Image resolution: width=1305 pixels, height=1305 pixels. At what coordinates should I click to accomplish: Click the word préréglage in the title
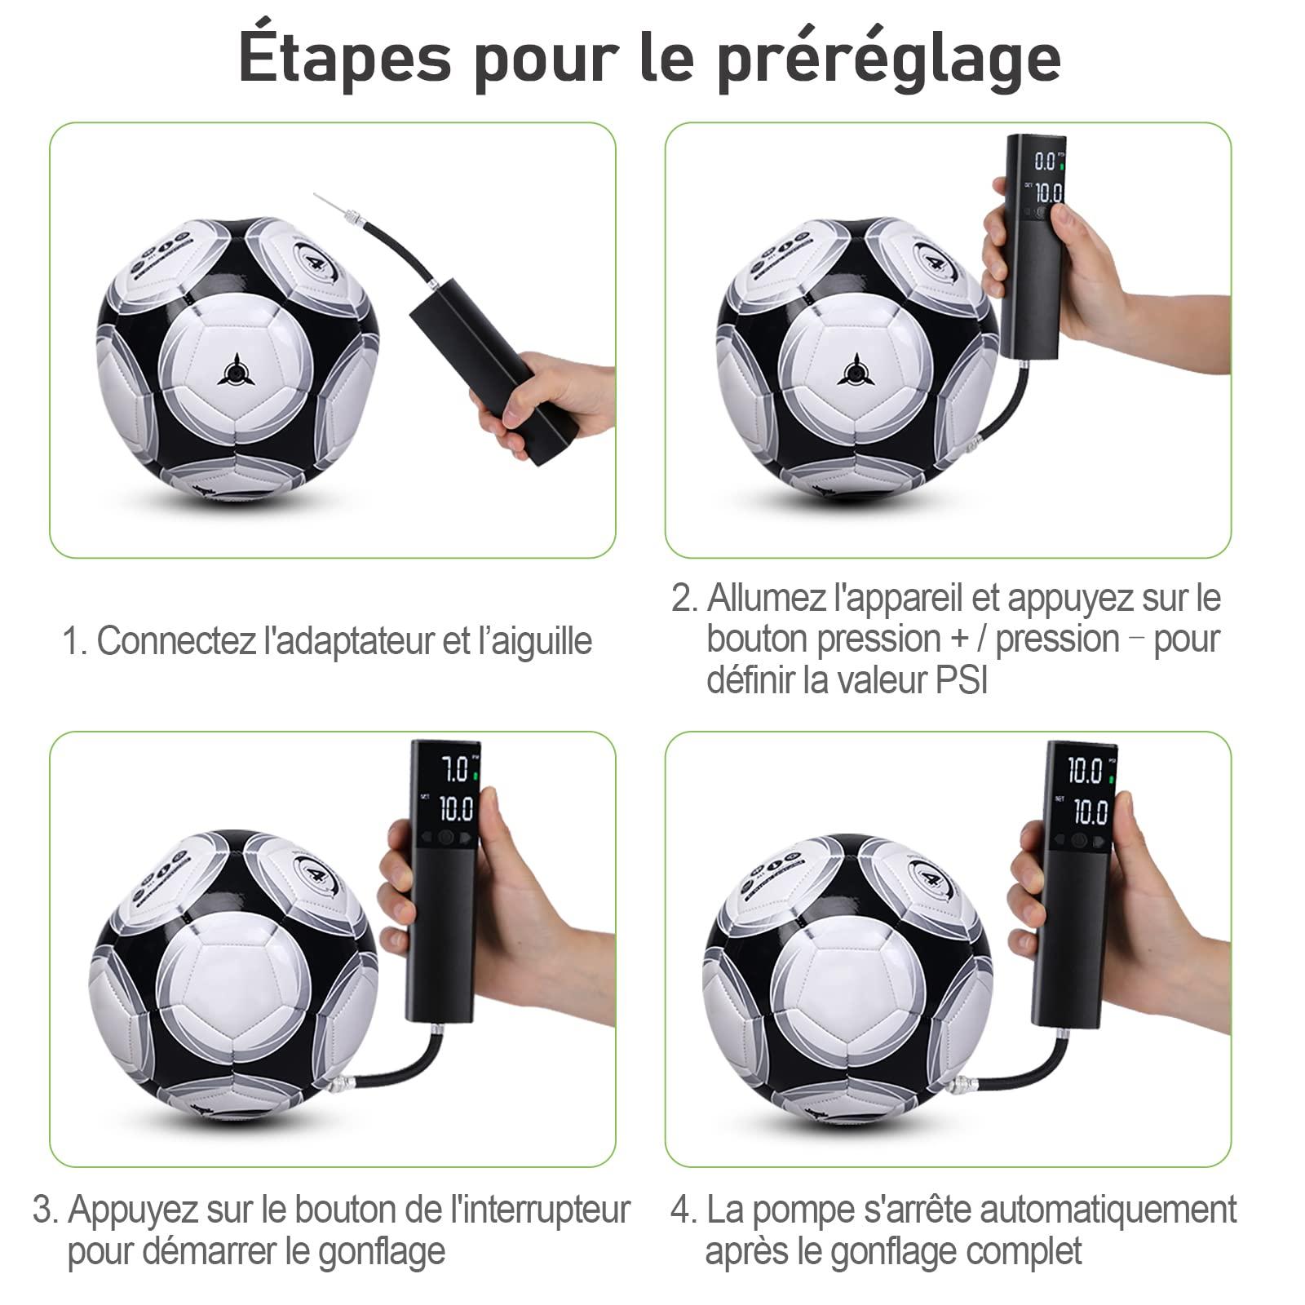click(x=889, y=59)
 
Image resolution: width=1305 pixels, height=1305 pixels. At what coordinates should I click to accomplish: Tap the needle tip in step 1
click(x=317, y=196)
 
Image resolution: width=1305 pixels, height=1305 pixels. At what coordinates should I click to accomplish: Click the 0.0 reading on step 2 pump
click(x=1045, y=160)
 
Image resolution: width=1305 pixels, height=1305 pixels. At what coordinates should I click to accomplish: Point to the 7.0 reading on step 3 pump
click(x=454, y=769)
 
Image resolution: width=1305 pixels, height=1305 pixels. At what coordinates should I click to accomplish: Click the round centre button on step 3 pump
click(x=445, y=838)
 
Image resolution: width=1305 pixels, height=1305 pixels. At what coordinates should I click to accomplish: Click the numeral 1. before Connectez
click(x=75, y=641)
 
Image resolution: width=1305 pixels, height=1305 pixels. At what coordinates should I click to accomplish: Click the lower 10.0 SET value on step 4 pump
click(x=1090, y=812)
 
